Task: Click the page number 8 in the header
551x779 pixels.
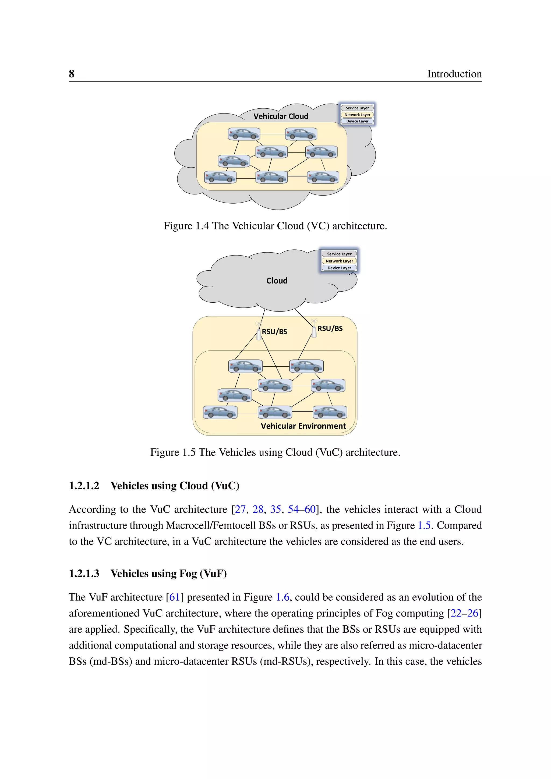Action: pos(72,74)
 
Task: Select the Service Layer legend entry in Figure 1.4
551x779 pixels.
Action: pos(357,108)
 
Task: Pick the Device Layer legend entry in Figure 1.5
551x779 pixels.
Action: pos(339,268)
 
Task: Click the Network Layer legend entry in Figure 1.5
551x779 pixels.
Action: pos(339,261)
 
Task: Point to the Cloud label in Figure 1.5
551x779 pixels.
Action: pos(277,281)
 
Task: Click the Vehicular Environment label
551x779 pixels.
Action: pos(303,426)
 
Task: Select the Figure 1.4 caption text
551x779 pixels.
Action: pos(275,226)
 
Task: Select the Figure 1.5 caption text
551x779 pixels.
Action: pos(275,452)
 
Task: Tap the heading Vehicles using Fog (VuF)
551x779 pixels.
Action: pos(169,574)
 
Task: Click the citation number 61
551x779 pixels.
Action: pos(174,597)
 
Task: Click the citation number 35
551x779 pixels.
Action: pos(275,509)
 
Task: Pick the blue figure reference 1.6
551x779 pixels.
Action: pos(282,597)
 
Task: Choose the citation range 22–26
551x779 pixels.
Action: pos(464,613)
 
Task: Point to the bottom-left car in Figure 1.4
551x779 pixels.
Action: pos(220,177)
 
